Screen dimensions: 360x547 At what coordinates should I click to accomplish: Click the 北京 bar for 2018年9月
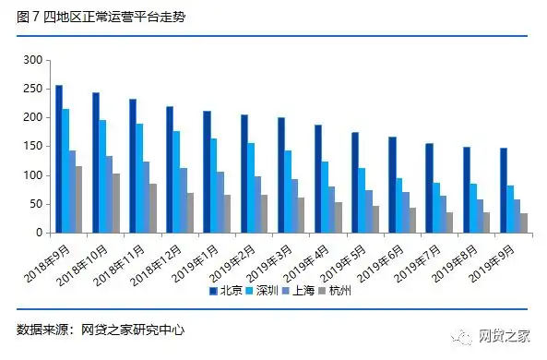click(x=59, y=159)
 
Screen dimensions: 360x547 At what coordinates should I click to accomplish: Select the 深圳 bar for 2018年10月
click(x=103, y=176)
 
